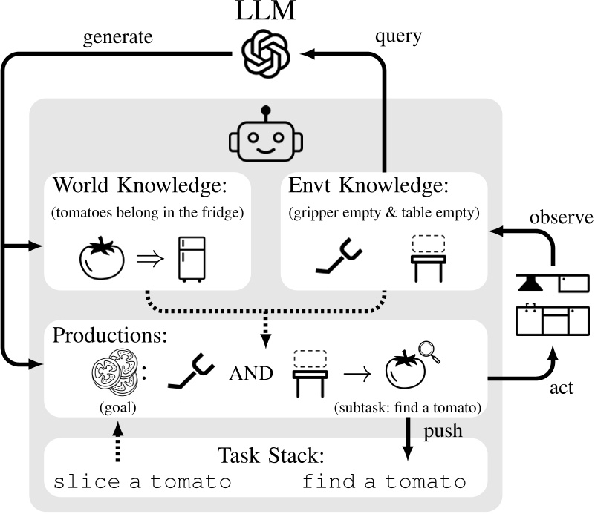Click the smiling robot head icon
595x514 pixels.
(266, 138)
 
